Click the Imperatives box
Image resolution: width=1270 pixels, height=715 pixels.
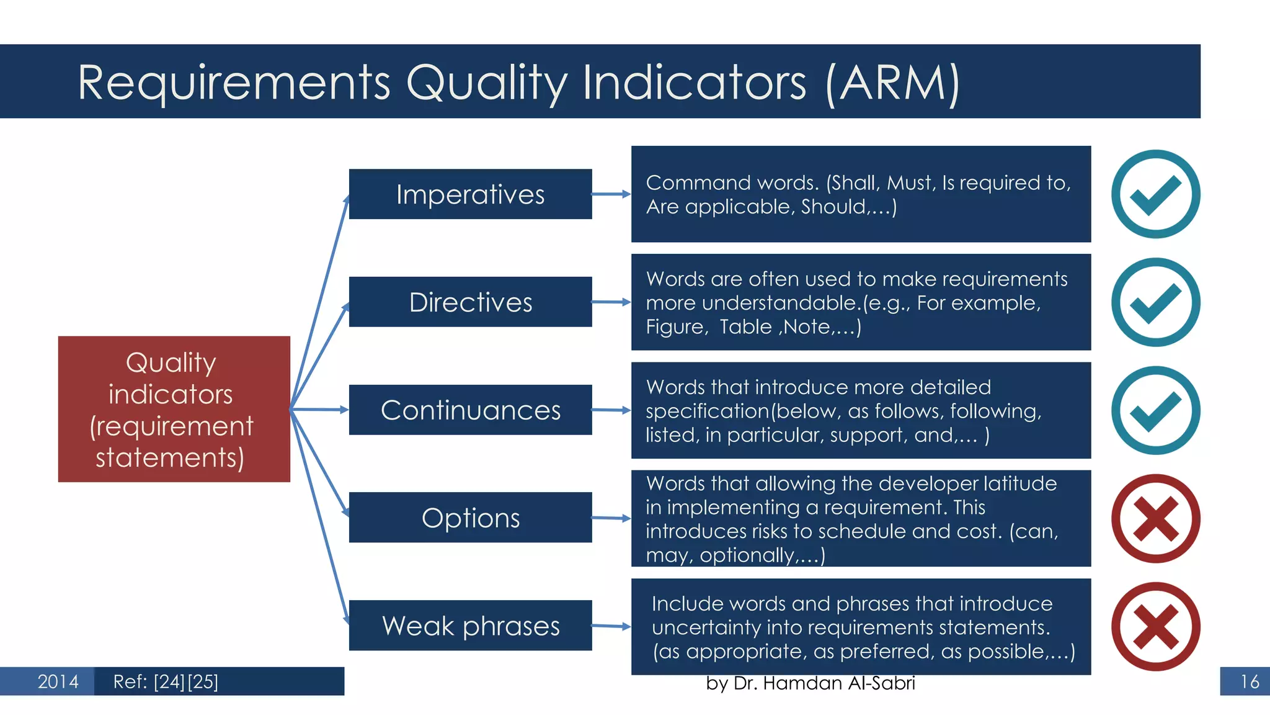pos(470,194)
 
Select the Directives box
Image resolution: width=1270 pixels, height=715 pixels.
pos(470,302)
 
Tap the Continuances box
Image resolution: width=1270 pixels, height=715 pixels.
pos(470,410)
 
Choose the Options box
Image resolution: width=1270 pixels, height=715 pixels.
pos(470,518)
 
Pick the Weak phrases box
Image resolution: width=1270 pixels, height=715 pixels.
pos(470,626)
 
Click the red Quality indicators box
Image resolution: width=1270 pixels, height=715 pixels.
pos(174,409)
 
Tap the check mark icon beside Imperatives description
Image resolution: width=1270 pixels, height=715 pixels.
pos(1155,194)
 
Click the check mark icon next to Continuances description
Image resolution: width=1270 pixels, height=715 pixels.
pos(1155,410)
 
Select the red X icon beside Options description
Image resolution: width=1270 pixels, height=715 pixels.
pos(1155,518)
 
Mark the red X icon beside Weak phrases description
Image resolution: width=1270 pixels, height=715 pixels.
pos(1155,626)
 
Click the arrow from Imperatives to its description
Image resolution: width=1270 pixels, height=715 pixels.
pos(611,194)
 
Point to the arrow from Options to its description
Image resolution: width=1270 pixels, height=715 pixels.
pos(611,518)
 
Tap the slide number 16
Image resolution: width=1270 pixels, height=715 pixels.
pos(1249,681)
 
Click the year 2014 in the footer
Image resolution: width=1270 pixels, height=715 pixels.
pos(58,681)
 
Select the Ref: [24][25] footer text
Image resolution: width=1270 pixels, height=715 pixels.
pos(166,681)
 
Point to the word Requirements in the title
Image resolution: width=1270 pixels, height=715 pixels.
pos(234,84)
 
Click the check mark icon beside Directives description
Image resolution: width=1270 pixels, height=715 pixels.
pos(1155,302)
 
